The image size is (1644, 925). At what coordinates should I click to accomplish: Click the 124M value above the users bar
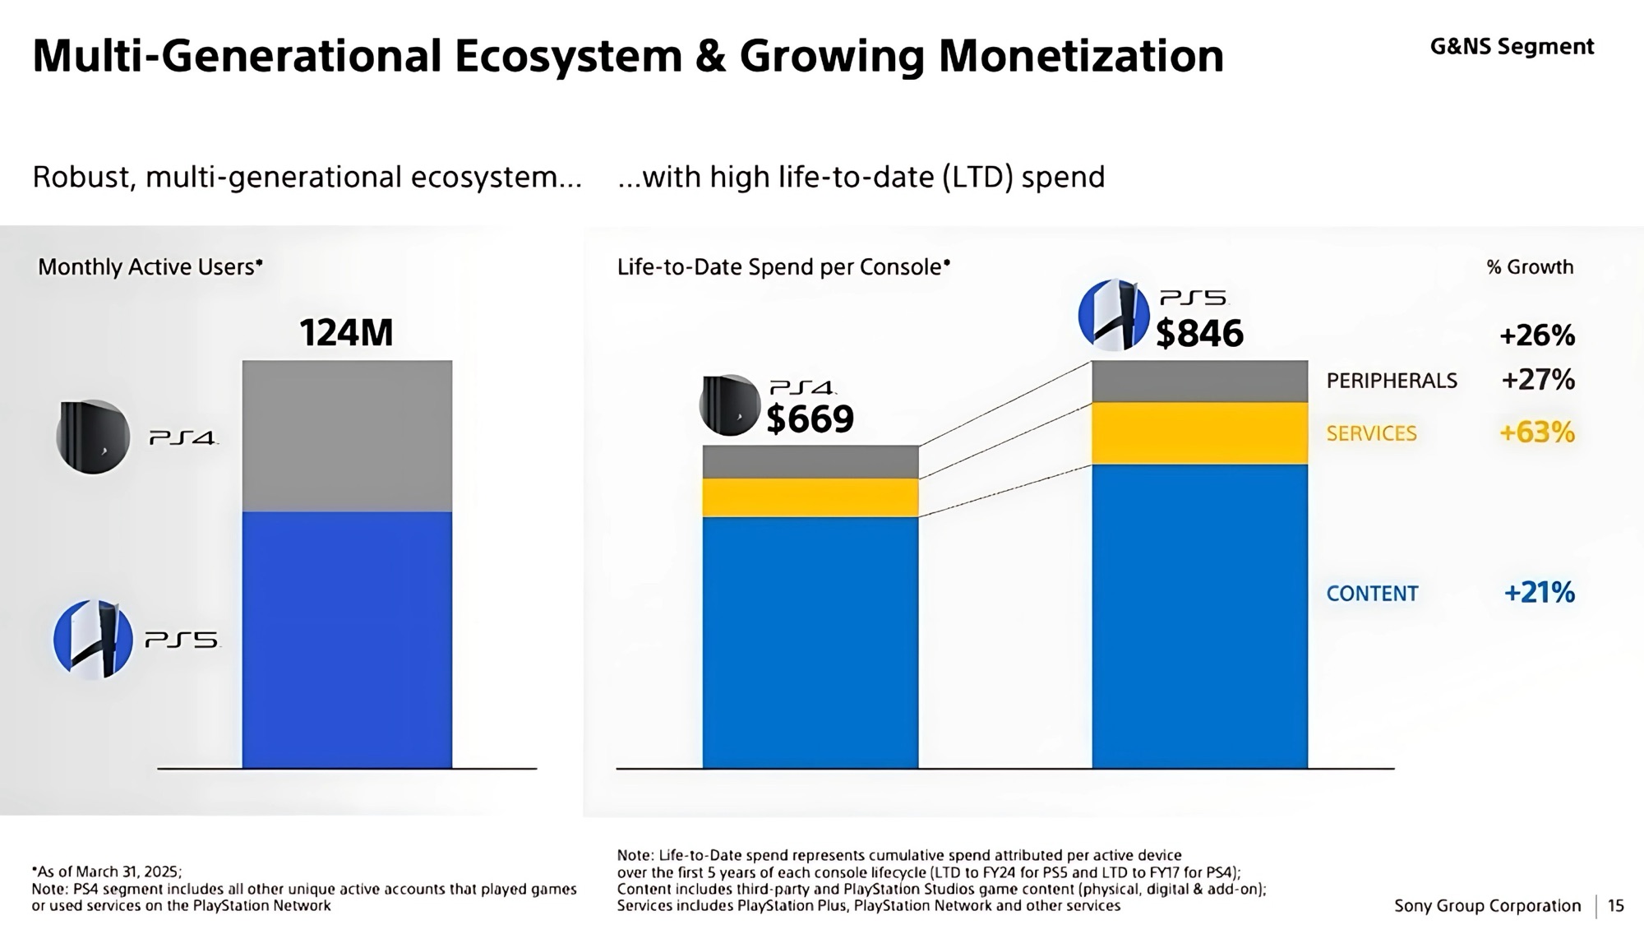click(x=346, y=333)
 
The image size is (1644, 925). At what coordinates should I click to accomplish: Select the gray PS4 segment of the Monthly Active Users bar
click(x=347, y=436)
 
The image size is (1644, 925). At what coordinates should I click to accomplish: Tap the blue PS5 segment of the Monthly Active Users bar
click(x=347, y=640)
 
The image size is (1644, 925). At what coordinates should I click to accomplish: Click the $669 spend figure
click(x=810, y=419)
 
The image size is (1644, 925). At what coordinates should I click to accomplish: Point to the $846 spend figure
click(x=1199, y=333)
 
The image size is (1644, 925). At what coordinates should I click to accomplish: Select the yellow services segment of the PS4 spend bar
click(x=810, y=497)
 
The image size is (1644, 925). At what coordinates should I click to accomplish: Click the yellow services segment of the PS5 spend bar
click(x=1200, y=433)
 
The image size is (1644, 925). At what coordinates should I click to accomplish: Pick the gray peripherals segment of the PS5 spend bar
click(x=1200, y=382)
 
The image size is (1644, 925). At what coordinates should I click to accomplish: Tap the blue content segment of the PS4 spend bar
click(x=810, y=642)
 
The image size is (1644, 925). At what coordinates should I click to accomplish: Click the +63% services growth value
click(x=1537, y=432)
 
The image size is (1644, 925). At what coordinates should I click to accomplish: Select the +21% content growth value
click(x=1539, y=592)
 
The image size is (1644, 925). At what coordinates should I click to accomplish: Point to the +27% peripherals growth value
click(x=1538, y=379)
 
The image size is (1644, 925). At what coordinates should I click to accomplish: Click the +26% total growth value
click(x=1537, y=335)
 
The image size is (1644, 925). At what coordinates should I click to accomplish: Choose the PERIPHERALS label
click(x=1392, y=381)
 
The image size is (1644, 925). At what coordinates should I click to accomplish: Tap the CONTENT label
click(x=1373, y=594)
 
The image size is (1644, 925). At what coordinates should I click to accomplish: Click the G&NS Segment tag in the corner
click(x=1512, y=47)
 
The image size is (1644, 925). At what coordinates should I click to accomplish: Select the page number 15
click(x=1615, y=905)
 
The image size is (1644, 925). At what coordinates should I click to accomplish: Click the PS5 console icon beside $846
click(x=1113, y=315)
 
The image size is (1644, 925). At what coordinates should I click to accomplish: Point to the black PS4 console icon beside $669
click(x=730, y=405)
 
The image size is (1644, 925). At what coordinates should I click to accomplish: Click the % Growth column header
click(x=1530, y=267)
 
